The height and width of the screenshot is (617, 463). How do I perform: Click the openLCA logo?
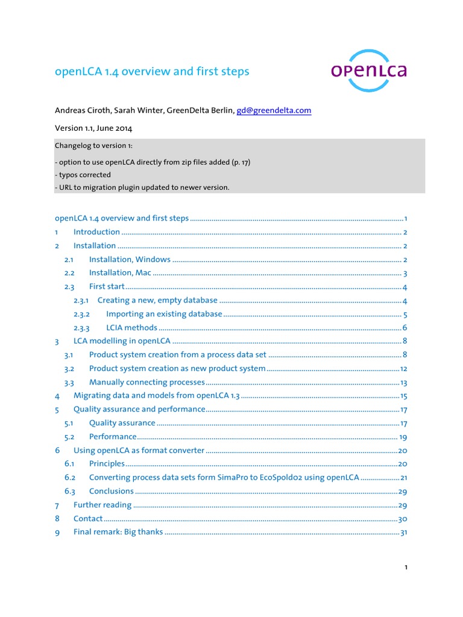click(x=368, y=71)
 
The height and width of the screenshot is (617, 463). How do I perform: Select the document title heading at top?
click(x=151, y=72)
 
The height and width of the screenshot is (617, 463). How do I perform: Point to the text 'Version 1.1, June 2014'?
click(x=93, y=128)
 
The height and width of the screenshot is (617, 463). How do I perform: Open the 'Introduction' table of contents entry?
click(x=96, y=232)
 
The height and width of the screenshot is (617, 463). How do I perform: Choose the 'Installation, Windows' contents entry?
click(x=130, y=260)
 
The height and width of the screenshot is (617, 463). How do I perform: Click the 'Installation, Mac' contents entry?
click(x=120, y=273)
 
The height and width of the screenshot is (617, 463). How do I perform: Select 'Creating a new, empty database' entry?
click(x=157, y=300)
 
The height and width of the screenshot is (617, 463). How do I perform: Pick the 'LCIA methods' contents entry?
click(x=131, y=328)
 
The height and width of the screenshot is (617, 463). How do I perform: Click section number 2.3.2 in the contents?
click(x=81, y=314)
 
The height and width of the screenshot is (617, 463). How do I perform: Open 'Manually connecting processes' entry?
click(x=147, y=382)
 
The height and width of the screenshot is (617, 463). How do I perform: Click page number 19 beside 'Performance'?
click(x=403, y=437)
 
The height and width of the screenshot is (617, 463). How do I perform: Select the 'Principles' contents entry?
click(x=107, y=464)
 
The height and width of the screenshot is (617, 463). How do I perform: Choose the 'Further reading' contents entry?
click(x=102, y=505)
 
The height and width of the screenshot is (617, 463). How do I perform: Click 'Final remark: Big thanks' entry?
click(x=118, y=532)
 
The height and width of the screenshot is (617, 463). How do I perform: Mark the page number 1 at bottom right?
click(x=406, y=568)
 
